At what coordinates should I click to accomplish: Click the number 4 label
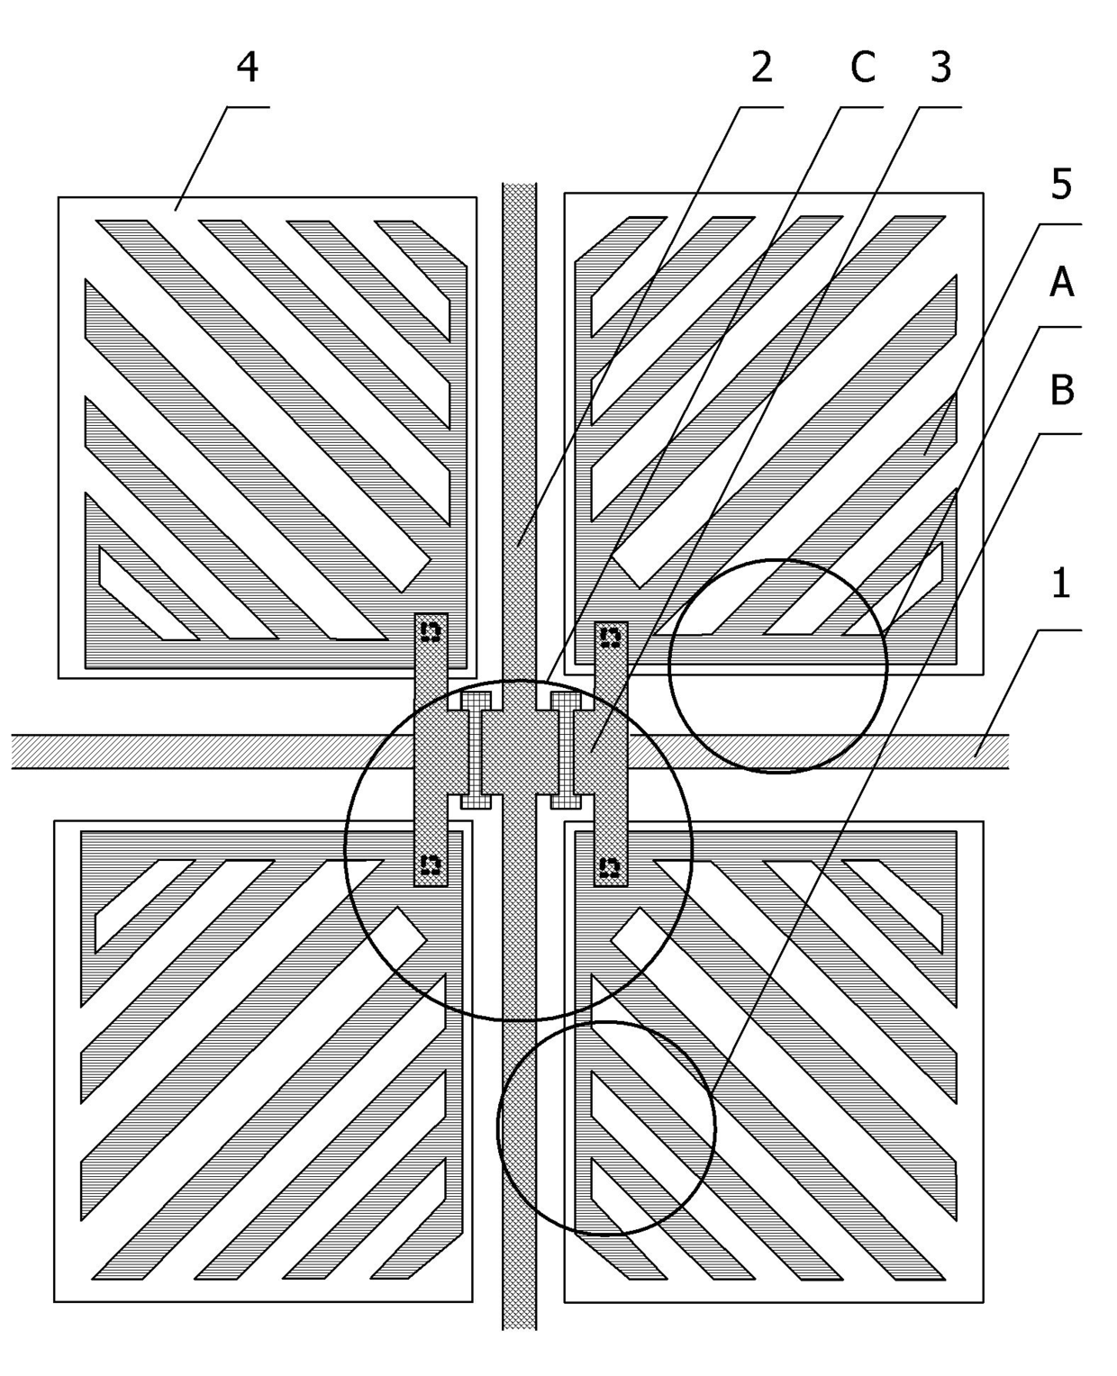tap(248, 68)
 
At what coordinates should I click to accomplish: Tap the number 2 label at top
tap(762, 68)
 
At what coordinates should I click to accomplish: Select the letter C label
tap(862, 68)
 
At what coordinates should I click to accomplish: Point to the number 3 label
tap(940, 68)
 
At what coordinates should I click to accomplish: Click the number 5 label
tap(1062, 185)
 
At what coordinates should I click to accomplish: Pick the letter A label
tap(1062, 283)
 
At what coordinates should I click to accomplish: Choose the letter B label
tap(1062, 391)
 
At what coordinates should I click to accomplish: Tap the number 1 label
tap(1061, 584)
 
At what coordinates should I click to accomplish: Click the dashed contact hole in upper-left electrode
tap(431, 631)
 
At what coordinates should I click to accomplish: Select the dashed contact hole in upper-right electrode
tap(610, 637)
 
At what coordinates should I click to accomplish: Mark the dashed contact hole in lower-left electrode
tap(431, 865)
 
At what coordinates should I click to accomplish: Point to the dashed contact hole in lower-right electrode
tap(610, 867)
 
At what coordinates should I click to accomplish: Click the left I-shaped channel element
tap(476, 750)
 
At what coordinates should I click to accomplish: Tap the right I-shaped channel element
tap(565, 750)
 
